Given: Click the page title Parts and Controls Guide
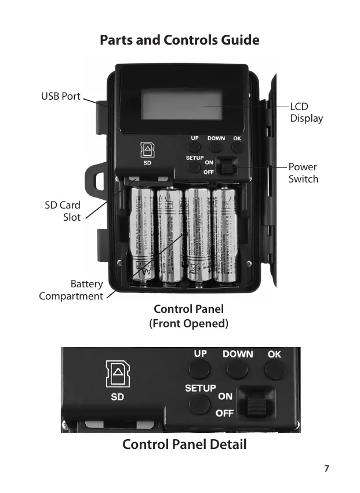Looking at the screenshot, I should click(x=179, y=41).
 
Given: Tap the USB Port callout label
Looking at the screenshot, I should click(x=60, y=96).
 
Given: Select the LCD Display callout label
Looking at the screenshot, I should click(x=306, y=112).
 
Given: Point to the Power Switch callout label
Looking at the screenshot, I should click(x=303, y=173).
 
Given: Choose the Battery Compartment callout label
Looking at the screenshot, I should click(x=71, y=290).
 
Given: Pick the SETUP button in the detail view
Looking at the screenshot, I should click(x=200, y=401).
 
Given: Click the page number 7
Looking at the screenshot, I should click(x=327, y=468).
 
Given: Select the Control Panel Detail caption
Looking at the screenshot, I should click(x=184, y=445).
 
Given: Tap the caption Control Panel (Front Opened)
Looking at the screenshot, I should click(x=189, y=316).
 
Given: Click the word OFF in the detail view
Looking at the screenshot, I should click(x=225, y=414).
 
